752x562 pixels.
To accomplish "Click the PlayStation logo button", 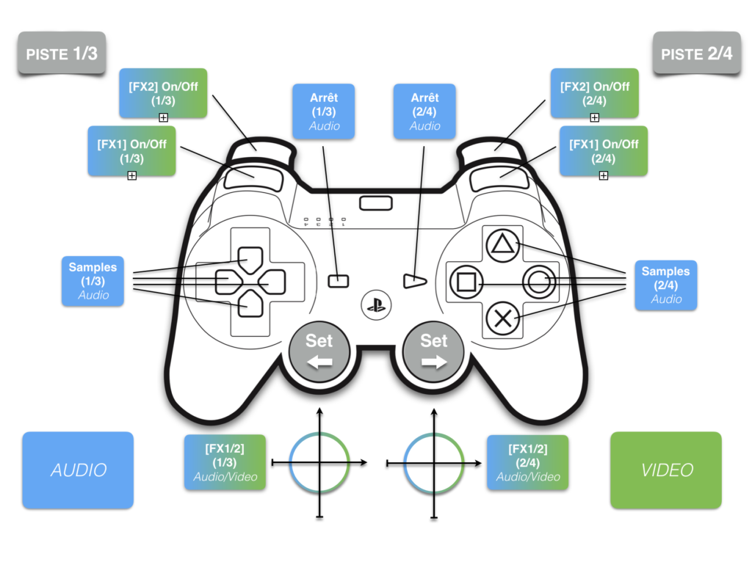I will click(377, 304).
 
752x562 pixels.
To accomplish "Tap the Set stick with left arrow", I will click(319, 351).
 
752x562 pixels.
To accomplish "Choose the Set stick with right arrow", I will click(433, 351).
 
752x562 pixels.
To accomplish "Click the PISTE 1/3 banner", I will click(62, 54).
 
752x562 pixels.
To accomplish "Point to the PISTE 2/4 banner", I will click(695, 54).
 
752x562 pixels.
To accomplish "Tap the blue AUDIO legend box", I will click(78, 470).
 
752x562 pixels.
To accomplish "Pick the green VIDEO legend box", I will click(666, 470).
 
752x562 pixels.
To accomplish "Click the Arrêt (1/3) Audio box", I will click(324, 111).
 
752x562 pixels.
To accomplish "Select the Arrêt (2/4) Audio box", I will click(424, 111).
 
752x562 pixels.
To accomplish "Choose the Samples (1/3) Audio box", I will click(93, 280).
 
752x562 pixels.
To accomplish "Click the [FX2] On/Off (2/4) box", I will click(594, 92).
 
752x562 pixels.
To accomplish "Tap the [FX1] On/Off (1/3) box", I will click(132, 150).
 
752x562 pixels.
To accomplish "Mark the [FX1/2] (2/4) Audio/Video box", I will click(527, 462).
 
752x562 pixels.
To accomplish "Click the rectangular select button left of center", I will click(337, 280).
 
